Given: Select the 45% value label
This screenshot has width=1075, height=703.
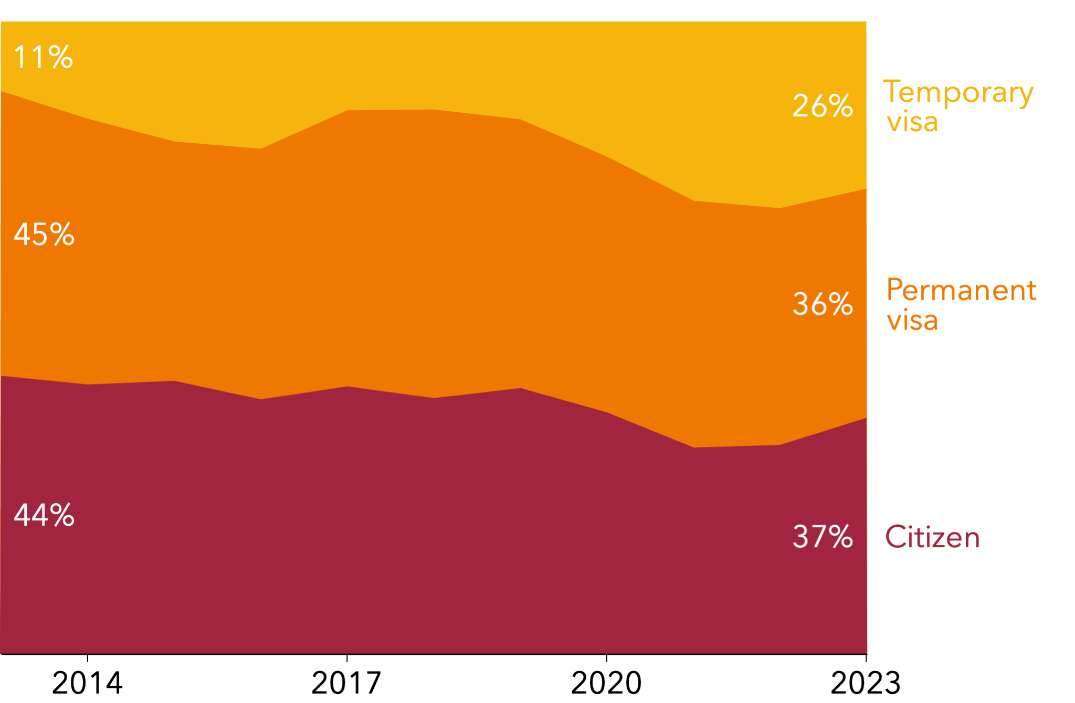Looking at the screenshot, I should (x=44, y=234).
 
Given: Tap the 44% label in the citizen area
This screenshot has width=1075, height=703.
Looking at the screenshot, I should (x=44, y=515).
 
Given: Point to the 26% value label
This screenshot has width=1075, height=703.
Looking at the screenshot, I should (x=822, y=106).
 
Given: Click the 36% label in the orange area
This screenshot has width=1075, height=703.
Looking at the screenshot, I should (x=822, y=304).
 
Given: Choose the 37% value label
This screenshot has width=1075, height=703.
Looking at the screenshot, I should (x=822, y=537).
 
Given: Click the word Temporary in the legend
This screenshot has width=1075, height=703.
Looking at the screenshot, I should (x=958, y=93).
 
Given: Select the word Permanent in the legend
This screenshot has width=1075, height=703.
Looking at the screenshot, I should (x=961, y=290).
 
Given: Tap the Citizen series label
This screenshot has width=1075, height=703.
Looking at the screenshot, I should (x=932, y=537).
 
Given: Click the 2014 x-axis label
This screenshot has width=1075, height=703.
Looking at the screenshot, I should (x=87, y=683).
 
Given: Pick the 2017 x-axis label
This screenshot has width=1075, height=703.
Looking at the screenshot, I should (x=346, y=683).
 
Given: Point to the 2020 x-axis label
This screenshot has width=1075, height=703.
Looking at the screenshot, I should (x=606, y=683).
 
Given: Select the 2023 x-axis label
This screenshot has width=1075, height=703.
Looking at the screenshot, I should (x=866, y=683).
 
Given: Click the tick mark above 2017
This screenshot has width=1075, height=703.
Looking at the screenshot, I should (x=347, y=658).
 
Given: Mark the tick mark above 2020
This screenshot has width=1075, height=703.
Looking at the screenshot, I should (x=606, y=658).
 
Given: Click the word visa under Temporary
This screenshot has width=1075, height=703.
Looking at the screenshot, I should (x=912, y=122).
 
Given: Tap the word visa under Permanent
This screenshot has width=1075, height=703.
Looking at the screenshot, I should (x=912, y=320).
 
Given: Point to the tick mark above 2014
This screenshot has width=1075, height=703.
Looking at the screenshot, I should (x=87, y=658).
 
